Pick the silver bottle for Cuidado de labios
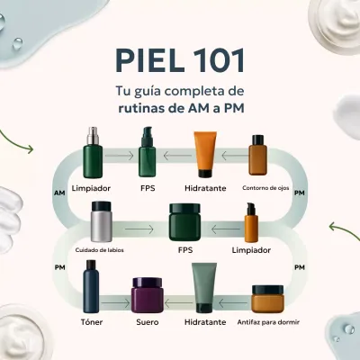tap(100, 222)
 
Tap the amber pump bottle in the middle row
tap(252, 221)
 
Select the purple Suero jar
tap(148, 293)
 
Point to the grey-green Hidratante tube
tap(204, 287)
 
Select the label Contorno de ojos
tap(266, 188)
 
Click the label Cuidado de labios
tap(99, 249)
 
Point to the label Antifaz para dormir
tap(269, 320)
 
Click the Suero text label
tap(148, 320)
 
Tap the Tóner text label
tap(91, 320)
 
